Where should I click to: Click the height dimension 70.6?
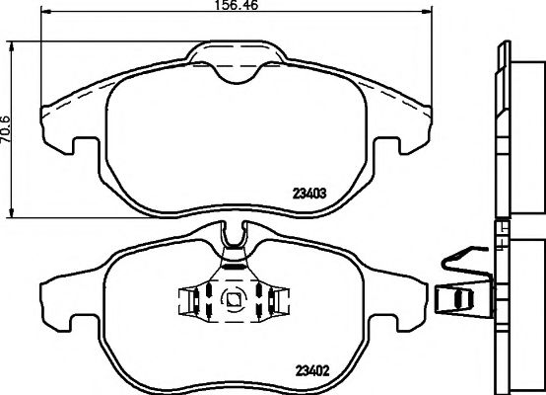pos(7,128)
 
